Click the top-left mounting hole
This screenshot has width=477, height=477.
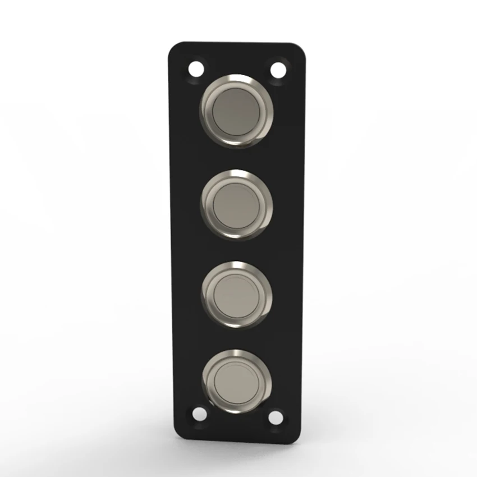click(x=195, y=70)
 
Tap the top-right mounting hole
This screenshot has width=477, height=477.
click(x=278, y=70)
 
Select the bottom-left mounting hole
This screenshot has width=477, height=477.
click(x=198, y=414)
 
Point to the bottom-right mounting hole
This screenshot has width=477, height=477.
click(x=275, y=416)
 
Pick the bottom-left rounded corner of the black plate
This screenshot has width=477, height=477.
click(x=178, y=435)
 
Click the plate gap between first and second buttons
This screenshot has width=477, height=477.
click(x=236, y=158)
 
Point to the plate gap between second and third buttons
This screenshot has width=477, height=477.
click(x=236, y=250)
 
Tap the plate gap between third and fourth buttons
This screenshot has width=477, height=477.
click(x=236, y=339)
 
